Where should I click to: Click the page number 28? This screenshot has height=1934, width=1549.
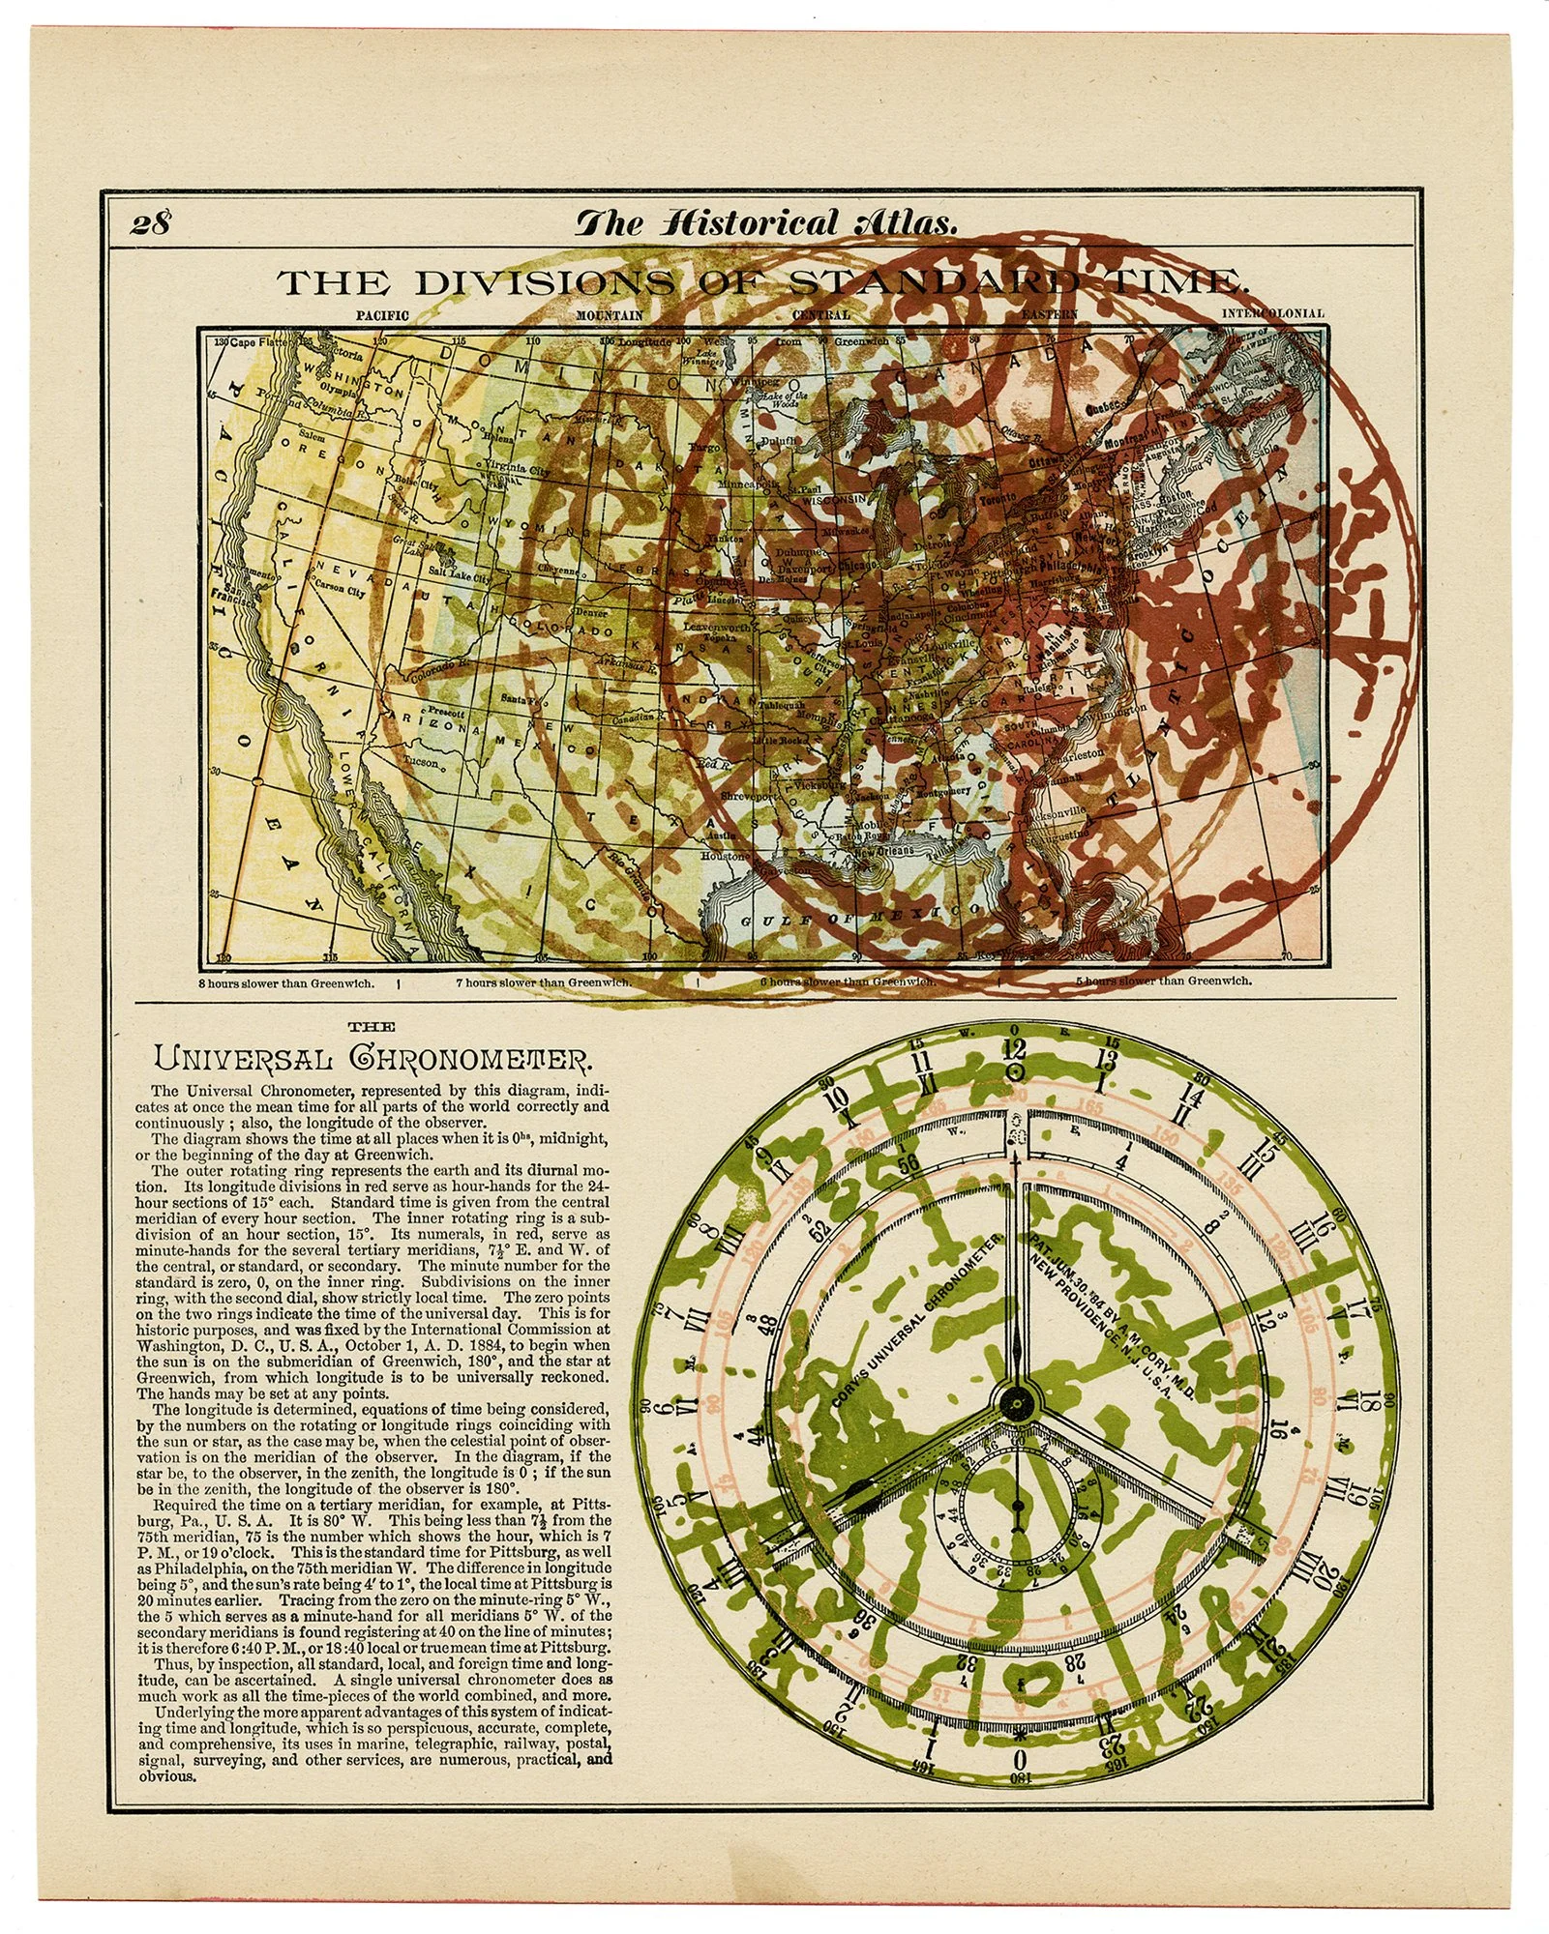pyautogui.click(x=151, y=223)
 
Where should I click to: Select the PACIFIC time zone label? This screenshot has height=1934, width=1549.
pyautogui.click(x=383, y=314)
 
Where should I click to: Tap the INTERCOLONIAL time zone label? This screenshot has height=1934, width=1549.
pyautogui.click(x=1272, y=313)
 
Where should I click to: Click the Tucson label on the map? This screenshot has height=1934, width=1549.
pyautogui.click(x=422, y=761)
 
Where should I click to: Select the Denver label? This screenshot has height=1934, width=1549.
pyautogui.click(x=590, y=613)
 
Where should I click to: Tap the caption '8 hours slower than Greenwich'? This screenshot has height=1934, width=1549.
pyautogui.click(x=286, y=982)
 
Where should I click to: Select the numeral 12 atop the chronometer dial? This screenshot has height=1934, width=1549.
pyautogui.click(x=1014, y=1049)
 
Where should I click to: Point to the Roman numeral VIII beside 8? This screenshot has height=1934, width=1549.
pyautogui.click(x=728, y=1234)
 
